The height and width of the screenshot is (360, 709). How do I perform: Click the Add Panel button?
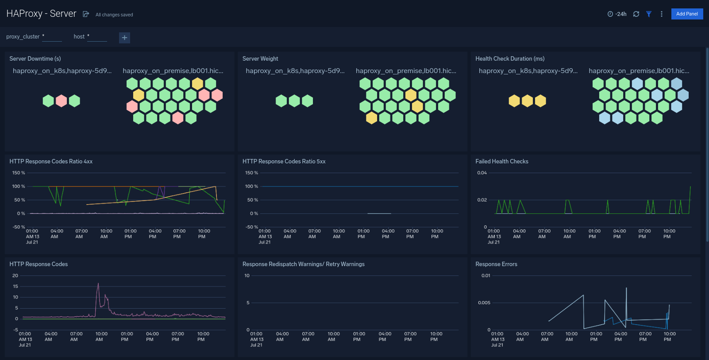(x=687, y=14)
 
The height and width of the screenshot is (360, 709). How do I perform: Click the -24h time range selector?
(x=617, y=14)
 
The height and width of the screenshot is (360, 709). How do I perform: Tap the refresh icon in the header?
(x=636, y=14)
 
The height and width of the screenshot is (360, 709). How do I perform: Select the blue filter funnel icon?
(x=649, y=14)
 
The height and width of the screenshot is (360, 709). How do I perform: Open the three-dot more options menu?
(x=662, y=14)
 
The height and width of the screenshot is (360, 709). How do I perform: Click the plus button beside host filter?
(x=124, y=38)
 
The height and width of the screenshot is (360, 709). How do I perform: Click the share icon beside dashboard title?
(x=86, y=14)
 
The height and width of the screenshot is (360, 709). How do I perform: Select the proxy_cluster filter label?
(x=23, y=37)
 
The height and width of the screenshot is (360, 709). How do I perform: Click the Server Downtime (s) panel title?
(x=35, y=58)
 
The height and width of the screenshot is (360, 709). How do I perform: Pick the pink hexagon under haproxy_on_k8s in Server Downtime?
(x=62, y=101)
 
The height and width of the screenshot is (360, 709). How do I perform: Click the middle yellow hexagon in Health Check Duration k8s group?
(x=527, y=101)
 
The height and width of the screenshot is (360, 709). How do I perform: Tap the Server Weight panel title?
(x=260, y=58)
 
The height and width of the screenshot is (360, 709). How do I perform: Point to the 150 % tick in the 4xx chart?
(x=19, y=173)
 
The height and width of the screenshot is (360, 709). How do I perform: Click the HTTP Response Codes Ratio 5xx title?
(x=284, y=161)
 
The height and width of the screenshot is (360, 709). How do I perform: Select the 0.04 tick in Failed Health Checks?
(x=482, y=173)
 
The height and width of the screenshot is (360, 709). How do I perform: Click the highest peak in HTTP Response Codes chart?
(x=98, y=284)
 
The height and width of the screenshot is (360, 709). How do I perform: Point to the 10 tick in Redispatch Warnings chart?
(x=247, y=275)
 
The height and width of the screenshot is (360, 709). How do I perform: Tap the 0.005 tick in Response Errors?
(x=484, y=303)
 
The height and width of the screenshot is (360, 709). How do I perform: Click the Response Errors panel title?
(x=496, y=264)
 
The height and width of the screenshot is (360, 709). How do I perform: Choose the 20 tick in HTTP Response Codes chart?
(x=15, y=275)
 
